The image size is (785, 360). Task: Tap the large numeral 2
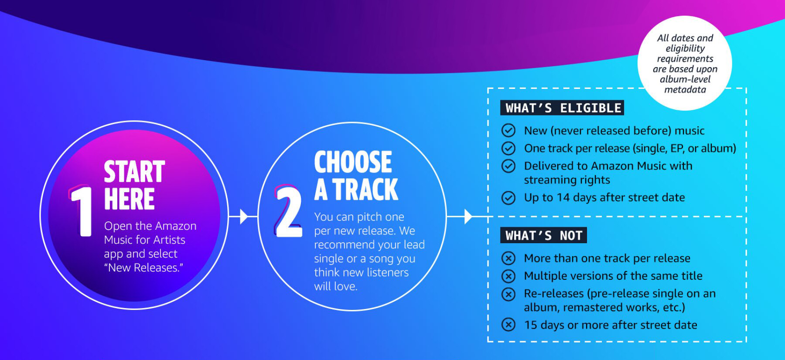pyautogui.click(x=288, y=211)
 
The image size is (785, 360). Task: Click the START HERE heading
pyautogui.click(x=134, y=185)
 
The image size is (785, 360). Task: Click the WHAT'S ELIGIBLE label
pyautogui.click(x=563, y=108)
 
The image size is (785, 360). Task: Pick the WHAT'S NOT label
pyautogui.click(x=543, y=235)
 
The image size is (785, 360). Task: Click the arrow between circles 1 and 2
pyautogui.click(x=239, y=216)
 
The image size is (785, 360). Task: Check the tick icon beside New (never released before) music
pyautogui.click(x=509, y=130)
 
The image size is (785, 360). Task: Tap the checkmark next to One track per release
pyautogui.click(x=509, y=148)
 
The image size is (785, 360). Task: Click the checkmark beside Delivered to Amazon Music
pyautogui.click(x=509, y=166)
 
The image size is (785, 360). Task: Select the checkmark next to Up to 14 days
pyautogui.click(x=509, y=198)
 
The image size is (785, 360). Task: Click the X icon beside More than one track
pyautogui.click(x=509, y=258)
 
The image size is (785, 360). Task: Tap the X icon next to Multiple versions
pyautogui.click(x=509, y=276)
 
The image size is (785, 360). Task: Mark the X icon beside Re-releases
pyautogui.click(x=509, y=294)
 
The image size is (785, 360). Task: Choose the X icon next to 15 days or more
pyautogui.click(x=509, y=325)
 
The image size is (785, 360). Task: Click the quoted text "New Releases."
pyautogui.click(x=143, y=268)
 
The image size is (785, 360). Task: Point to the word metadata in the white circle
pyautogui.click(x=685, y=89)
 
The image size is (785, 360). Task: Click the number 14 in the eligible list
pyautogui.click(x=563, y=197)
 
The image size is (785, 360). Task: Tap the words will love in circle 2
pyautogui.click(x=336, y=286)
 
